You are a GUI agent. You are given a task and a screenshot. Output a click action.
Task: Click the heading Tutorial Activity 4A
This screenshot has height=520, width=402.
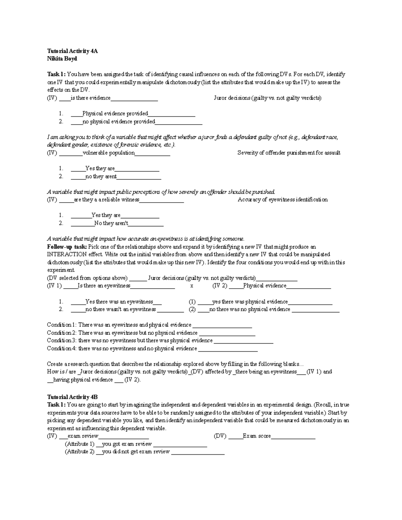[x=72, y=51]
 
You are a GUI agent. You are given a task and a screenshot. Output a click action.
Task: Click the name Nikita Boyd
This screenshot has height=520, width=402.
[x=62, y=59]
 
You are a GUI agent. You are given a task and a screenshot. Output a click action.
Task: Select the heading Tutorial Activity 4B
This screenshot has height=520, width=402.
[x=72, y=397]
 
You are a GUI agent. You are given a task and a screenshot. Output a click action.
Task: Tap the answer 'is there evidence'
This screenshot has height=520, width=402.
[x=90, y=98]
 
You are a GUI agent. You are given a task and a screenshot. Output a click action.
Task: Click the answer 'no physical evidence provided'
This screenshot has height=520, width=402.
[x=119, y=122]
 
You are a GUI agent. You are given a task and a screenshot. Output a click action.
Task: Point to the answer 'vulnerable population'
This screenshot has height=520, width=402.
[x=109, y=153]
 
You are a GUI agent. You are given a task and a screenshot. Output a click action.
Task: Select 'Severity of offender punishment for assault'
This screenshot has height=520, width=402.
[x=289, y=153]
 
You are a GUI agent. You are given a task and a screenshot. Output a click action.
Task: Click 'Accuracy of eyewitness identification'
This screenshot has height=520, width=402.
[x=282, y=200]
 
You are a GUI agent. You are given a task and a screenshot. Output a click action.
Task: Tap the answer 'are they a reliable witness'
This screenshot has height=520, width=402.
[x=107, y=200]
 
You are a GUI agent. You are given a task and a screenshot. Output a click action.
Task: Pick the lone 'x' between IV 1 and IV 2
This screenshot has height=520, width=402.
[x=192, y=286]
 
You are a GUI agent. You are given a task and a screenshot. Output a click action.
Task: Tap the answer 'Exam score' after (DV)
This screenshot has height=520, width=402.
[x=257, y=436]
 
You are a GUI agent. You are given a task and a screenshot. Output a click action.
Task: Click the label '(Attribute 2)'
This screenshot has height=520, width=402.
[x=79, y=452]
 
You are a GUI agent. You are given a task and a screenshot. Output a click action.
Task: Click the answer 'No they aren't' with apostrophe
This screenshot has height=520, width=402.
[x=111, y=223]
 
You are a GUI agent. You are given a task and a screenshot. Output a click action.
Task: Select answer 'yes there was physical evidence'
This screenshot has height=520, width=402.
[x=250, y=302]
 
